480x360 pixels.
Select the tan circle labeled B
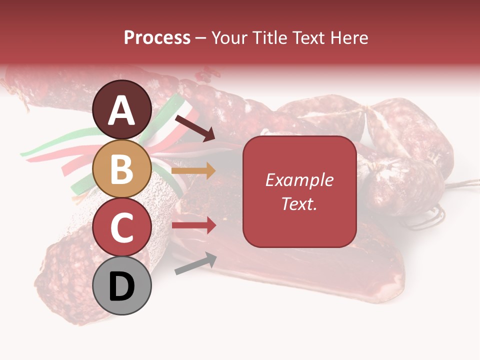(122, 168)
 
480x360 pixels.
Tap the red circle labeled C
(122, 227)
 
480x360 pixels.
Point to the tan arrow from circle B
(193, 171)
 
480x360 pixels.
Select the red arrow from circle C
(193, 225)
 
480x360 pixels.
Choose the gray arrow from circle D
(195, 263)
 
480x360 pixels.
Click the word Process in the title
(157, 38)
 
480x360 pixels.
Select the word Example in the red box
(299, 180)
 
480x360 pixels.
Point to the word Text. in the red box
(299, 203)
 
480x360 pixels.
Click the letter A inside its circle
(122, 110)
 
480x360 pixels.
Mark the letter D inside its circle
(122, 287)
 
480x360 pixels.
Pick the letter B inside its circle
(122, 169)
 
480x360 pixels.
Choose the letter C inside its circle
(122, 228)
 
